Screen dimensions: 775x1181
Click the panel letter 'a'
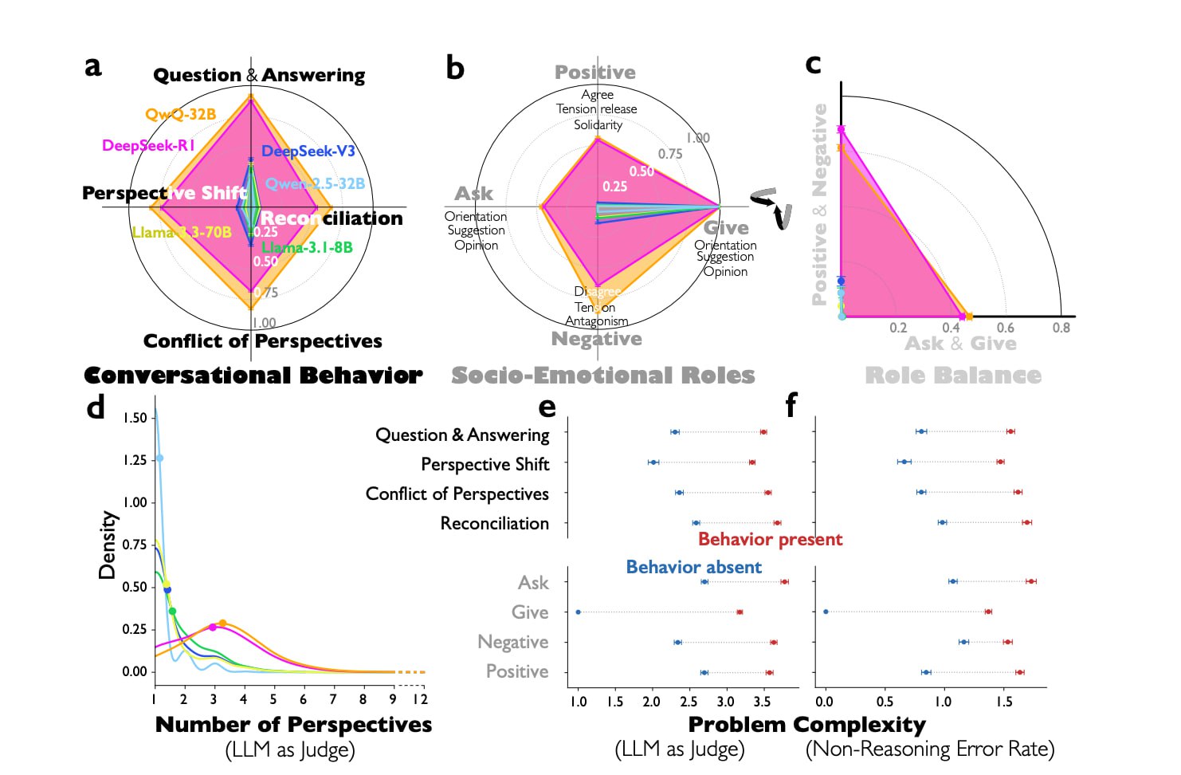pos(93,66)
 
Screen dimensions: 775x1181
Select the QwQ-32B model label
pos(180,114)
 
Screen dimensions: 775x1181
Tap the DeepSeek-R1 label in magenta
pos(148,145)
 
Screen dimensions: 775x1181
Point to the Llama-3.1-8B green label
pos(307,247)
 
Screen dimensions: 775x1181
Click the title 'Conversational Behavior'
pos(253,376)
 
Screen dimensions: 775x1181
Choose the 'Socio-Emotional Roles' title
pos(602,376)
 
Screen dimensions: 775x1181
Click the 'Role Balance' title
pos(953,376)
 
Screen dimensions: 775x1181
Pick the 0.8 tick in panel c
pos(1061,328)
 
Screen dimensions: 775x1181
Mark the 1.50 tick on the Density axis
pos(135,418)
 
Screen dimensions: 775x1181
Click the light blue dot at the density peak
pos(159,458)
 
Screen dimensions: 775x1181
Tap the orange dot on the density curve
pos(222,624)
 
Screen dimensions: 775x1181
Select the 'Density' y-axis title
pos(107,545)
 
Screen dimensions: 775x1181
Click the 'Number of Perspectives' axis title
pos(293,725)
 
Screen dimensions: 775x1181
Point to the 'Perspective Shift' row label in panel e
pos(485,464)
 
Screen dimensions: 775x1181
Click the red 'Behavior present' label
pos(770,539)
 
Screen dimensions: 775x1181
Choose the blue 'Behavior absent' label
pos(693,567)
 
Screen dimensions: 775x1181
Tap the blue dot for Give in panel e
pos(578,612)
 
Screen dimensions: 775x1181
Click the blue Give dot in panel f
pos(826,612)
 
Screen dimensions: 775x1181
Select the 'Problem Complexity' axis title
pos(806,725)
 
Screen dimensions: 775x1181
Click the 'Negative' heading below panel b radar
pos(597,339)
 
